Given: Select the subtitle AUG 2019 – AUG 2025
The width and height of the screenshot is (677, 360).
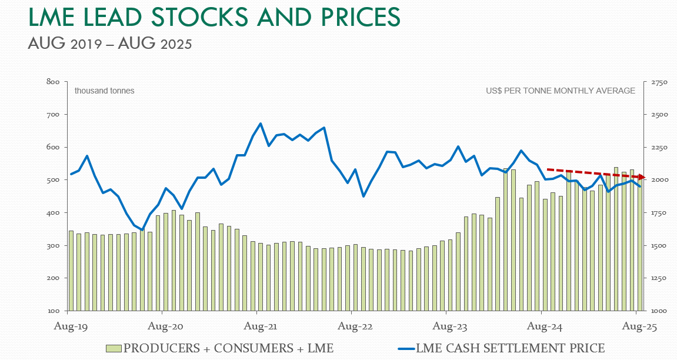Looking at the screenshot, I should pos(109,44).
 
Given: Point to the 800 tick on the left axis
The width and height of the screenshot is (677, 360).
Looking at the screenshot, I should pos(53,81).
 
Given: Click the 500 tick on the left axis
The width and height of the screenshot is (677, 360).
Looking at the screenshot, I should pos(53,180).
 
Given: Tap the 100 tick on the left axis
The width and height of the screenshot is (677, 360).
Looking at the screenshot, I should pos(53,311).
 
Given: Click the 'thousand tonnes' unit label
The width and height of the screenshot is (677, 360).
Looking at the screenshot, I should pos(104,91).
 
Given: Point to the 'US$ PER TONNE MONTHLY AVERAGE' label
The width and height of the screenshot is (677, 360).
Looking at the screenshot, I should pos(561,91).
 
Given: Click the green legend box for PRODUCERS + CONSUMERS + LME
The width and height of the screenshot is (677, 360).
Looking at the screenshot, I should pos(114,349).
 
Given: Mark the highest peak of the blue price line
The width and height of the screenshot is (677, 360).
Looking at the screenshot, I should pos(261,124).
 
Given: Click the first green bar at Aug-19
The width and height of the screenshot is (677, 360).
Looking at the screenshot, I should pos(71,271).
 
